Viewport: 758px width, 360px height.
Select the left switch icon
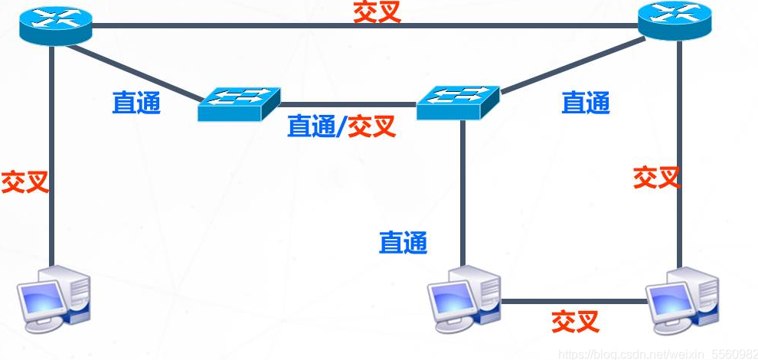point(239,103)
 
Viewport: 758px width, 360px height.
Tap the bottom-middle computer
point(462,298)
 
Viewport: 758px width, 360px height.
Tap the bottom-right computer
point(681,299)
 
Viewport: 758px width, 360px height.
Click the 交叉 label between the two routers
point(377,12)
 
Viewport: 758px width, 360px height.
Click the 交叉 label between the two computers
point(575,320)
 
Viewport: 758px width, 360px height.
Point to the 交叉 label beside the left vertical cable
point(25,182)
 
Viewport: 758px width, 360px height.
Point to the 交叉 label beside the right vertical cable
point(656,178)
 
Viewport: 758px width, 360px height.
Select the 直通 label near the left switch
point(137,103)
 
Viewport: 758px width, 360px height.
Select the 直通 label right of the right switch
point(586,103)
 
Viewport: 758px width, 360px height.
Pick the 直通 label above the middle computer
point(403,243)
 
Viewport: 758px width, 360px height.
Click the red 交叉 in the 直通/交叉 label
point(372,126)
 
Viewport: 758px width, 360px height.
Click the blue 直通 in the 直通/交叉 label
point(311,126)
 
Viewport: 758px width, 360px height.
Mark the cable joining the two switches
point(348,103)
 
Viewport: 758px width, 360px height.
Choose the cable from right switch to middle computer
point(462,191)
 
